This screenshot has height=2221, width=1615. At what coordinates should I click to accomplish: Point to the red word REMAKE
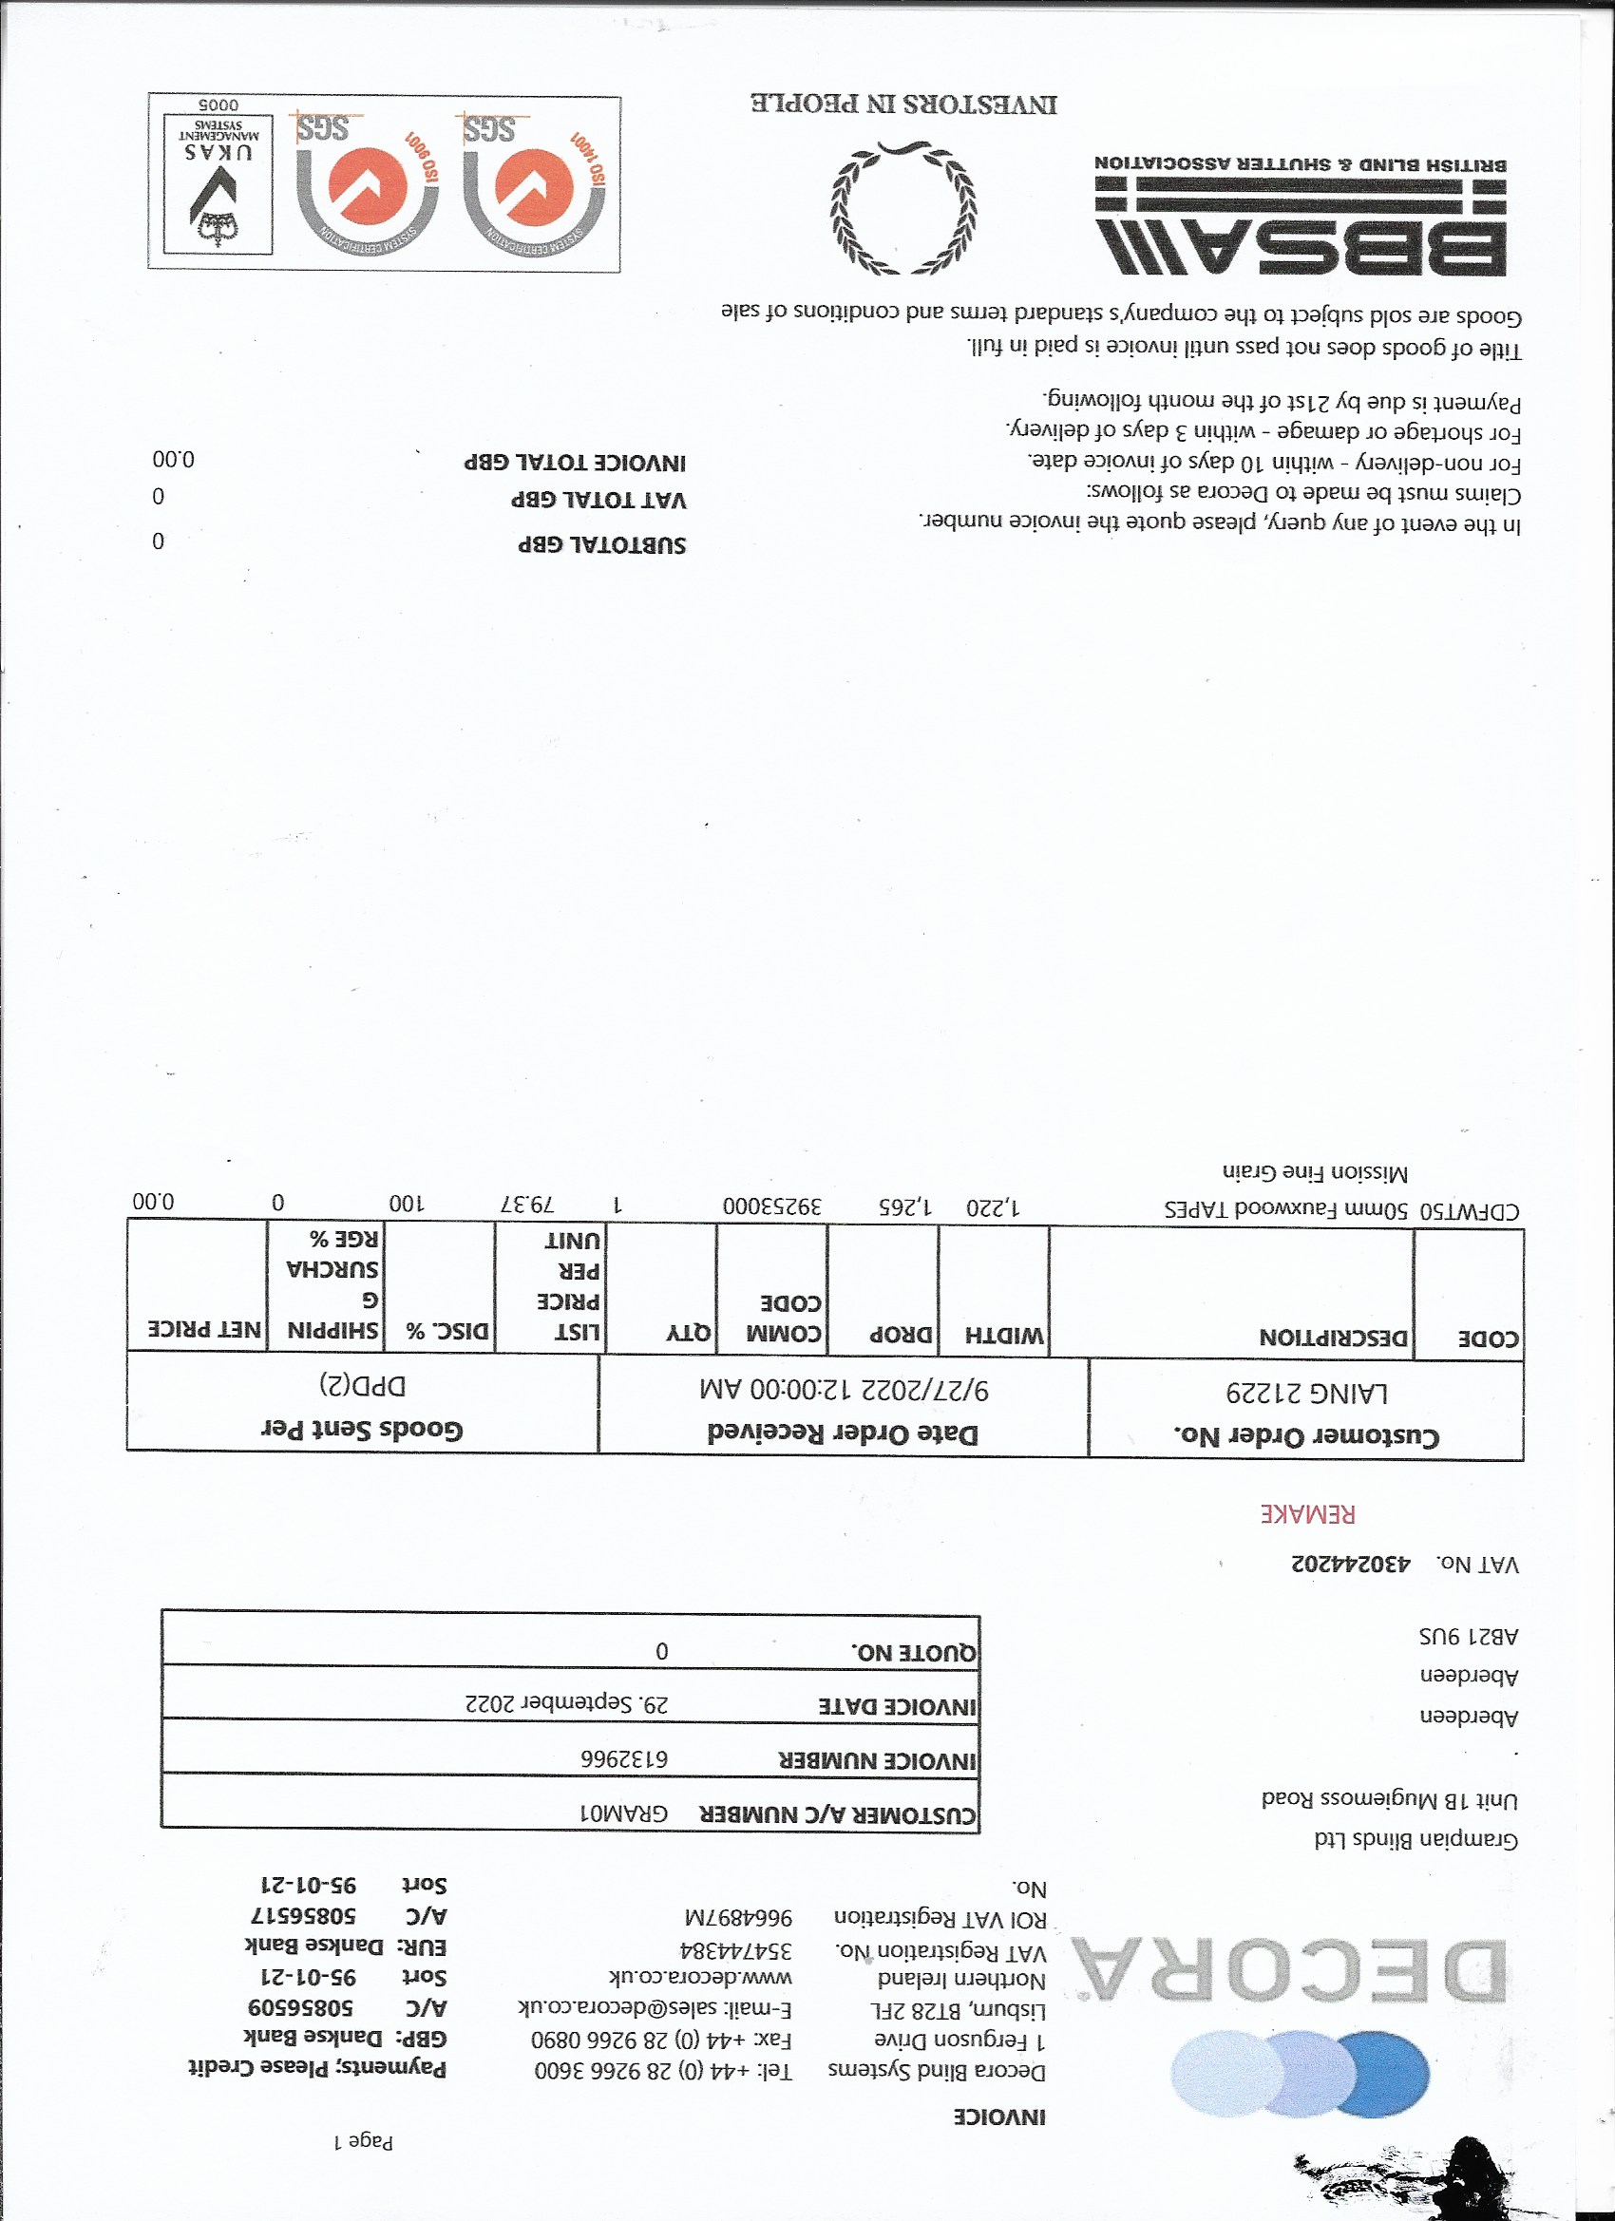1307,1514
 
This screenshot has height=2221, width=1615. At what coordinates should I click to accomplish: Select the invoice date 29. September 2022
567,1704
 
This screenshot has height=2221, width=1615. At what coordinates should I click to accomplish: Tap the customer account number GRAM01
624,1813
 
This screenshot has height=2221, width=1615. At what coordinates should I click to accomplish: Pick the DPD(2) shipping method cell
361,1385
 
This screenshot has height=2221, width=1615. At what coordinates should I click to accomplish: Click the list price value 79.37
528,1204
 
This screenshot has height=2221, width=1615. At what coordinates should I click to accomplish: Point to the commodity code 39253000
771,1205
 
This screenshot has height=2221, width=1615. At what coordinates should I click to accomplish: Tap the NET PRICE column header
204,1329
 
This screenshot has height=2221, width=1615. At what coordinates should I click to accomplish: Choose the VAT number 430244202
1351,1564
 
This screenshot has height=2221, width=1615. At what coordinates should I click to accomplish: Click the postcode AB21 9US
1468,1636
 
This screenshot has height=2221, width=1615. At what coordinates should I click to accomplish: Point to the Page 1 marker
363,2141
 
